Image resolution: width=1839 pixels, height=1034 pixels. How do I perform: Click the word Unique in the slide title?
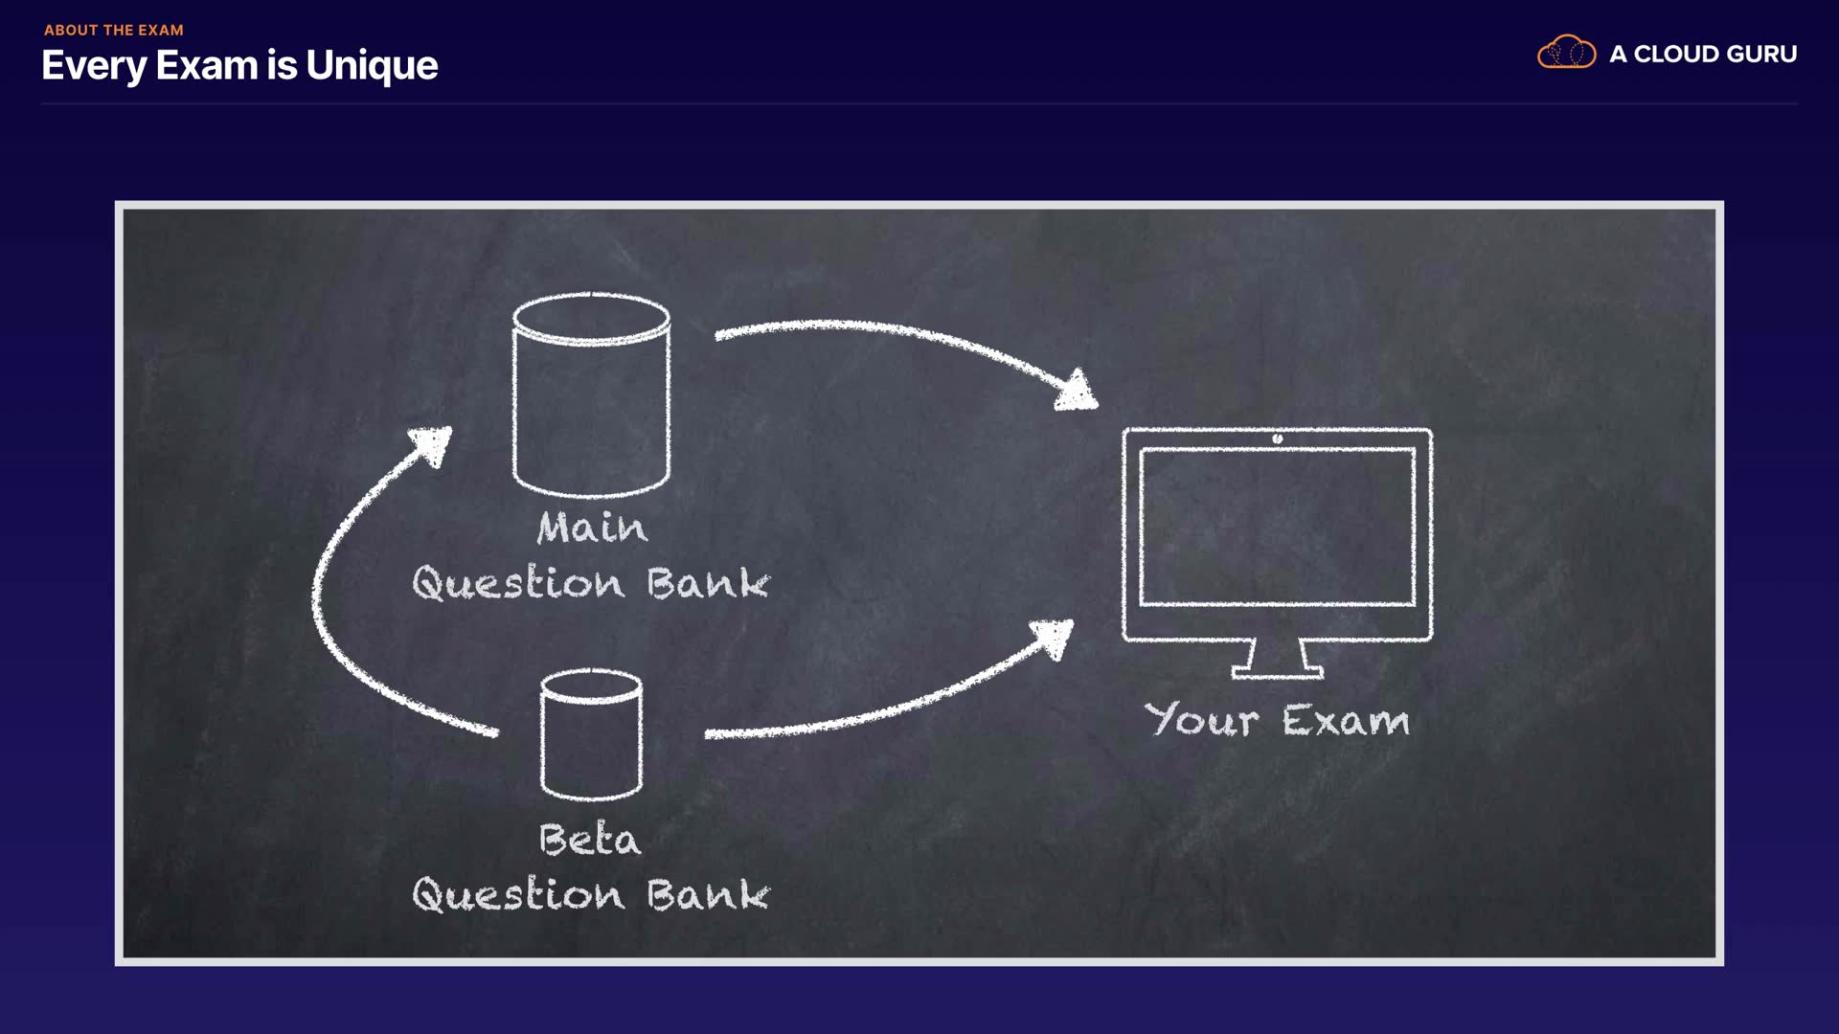pyautogui.click(x=372, y=66)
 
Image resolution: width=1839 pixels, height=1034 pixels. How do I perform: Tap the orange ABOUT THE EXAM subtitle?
pyautogui.click(x=114, y=30)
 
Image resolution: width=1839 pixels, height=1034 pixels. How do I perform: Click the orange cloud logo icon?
pyautogui.click(x=1566, y=52)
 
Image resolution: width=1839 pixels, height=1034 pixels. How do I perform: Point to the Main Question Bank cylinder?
pyautogui.click(x=591, y=394)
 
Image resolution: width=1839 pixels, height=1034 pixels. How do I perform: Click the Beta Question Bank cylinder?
pyautogui.click(x=591, y=734)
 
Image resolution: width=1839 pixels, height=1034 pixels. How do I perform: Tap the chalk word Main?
pyautogui.click(x=592, y=527)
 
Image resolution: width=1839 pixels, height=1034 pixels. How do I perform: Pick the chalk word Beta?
pyautogui.click(x=590, y=839)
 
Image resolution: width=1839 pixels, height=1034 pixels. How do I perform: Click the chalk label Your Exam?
pyautogui.click(x=1277, y=719)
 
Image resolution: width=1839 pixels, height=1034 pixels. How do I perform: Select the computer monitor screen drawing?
pyautogui.click(x=1278, y=526)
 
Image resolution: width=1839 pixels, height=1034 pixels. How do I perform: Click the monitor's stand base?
pyautogui.click(x=1278, y=672)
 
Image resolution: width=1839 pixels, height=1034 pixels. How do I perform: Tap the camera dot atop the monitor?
pyautogui.click(x=1278, y=438)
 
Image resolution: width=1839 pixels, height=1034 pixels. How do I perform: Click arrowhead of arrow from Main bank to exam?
pyautogui.click(x=1077, y=391)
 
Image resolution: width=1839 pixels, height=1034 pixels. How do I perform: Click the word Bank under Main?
pyautogui.click(x=708, y=583)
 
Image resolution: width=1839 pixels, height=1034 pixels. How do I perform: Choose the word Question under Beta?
pyautogui.click(x=518, y=894)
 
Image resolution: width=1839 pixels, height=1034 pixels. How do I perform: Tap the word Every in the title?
pyautogui.click(x=94, y=66)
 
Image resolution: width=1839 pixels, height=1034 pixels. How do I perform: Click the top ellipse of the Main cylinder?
pyautogui.click(x=591, y=317)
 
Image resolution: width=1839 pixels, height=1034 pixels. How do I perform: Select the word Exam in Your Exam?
pyautogui.click(x=1346, y=720)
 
